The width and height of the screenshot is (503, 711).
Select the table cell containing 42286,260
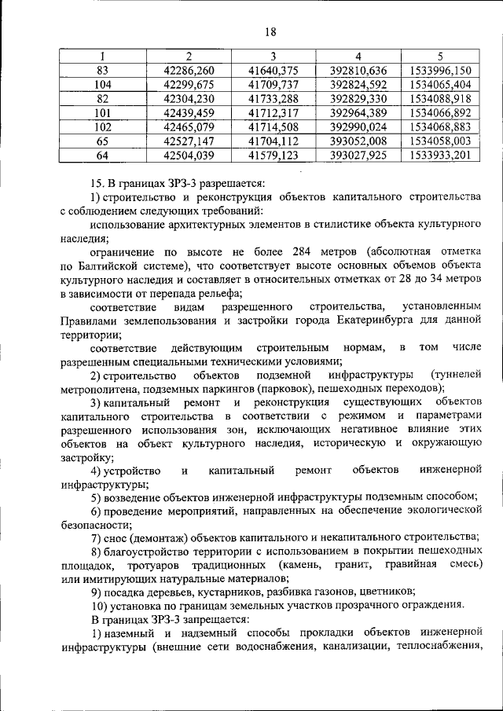click(x=189, y=71)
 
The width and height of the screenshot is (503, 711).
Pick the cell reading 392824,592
click(x=358, y=85)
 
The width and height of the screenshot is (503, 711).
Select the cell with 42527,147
click(x=189, y=141)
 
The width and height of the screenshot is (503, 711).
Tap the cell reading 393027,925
click(x=358, y=156)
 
